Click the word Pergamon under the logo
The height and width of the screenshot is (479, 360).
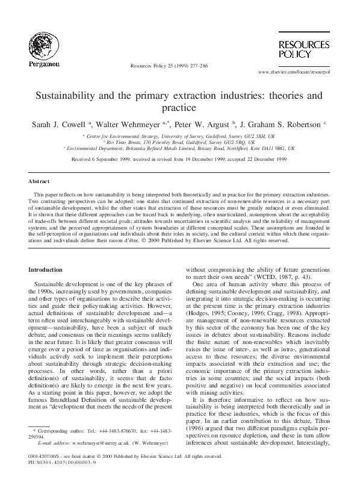[x=43, y=63]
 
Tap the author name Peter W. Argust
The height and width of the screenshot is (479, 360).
[x=199, y=124]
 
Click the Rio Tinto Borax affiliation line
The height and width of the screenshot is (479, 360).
[x=181, y=142]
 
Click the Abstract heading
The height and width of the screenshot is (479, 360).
[x=39, y=181]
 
